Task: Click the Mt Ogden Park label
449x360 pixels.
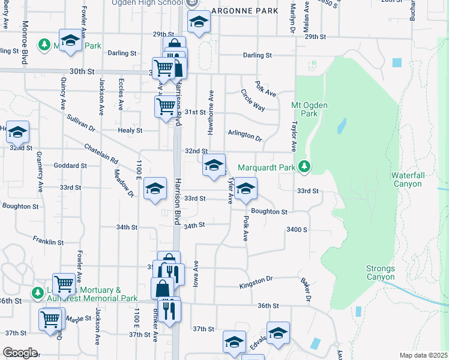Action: coord(304,109)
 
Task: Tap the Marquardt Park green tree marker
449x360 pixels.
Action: coord(305,166)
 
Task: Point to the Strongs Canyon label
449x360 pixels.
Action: coord(381,272)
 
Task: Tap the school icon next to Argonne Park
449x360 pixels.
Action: coord(199,22)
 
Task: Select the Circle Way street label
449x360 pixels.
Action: coord(253,100)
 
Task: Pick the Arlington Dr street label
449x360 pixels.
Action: coord(245,136)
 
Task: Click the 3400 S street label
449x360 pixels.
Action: coord(297,230)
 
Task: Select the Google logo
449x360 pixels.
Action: coord(20,352)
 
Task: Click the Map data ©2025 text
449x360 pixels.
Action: coord(423,355)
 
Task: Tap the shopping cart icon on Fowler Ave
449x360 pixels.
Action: coord(64,284)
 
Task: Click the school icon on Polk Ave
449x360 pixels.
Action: coord(246,189)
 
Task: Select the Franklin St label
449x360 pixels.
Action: coord(48,241)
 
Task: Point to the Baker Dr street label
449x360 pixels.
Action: coord(307,290)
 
